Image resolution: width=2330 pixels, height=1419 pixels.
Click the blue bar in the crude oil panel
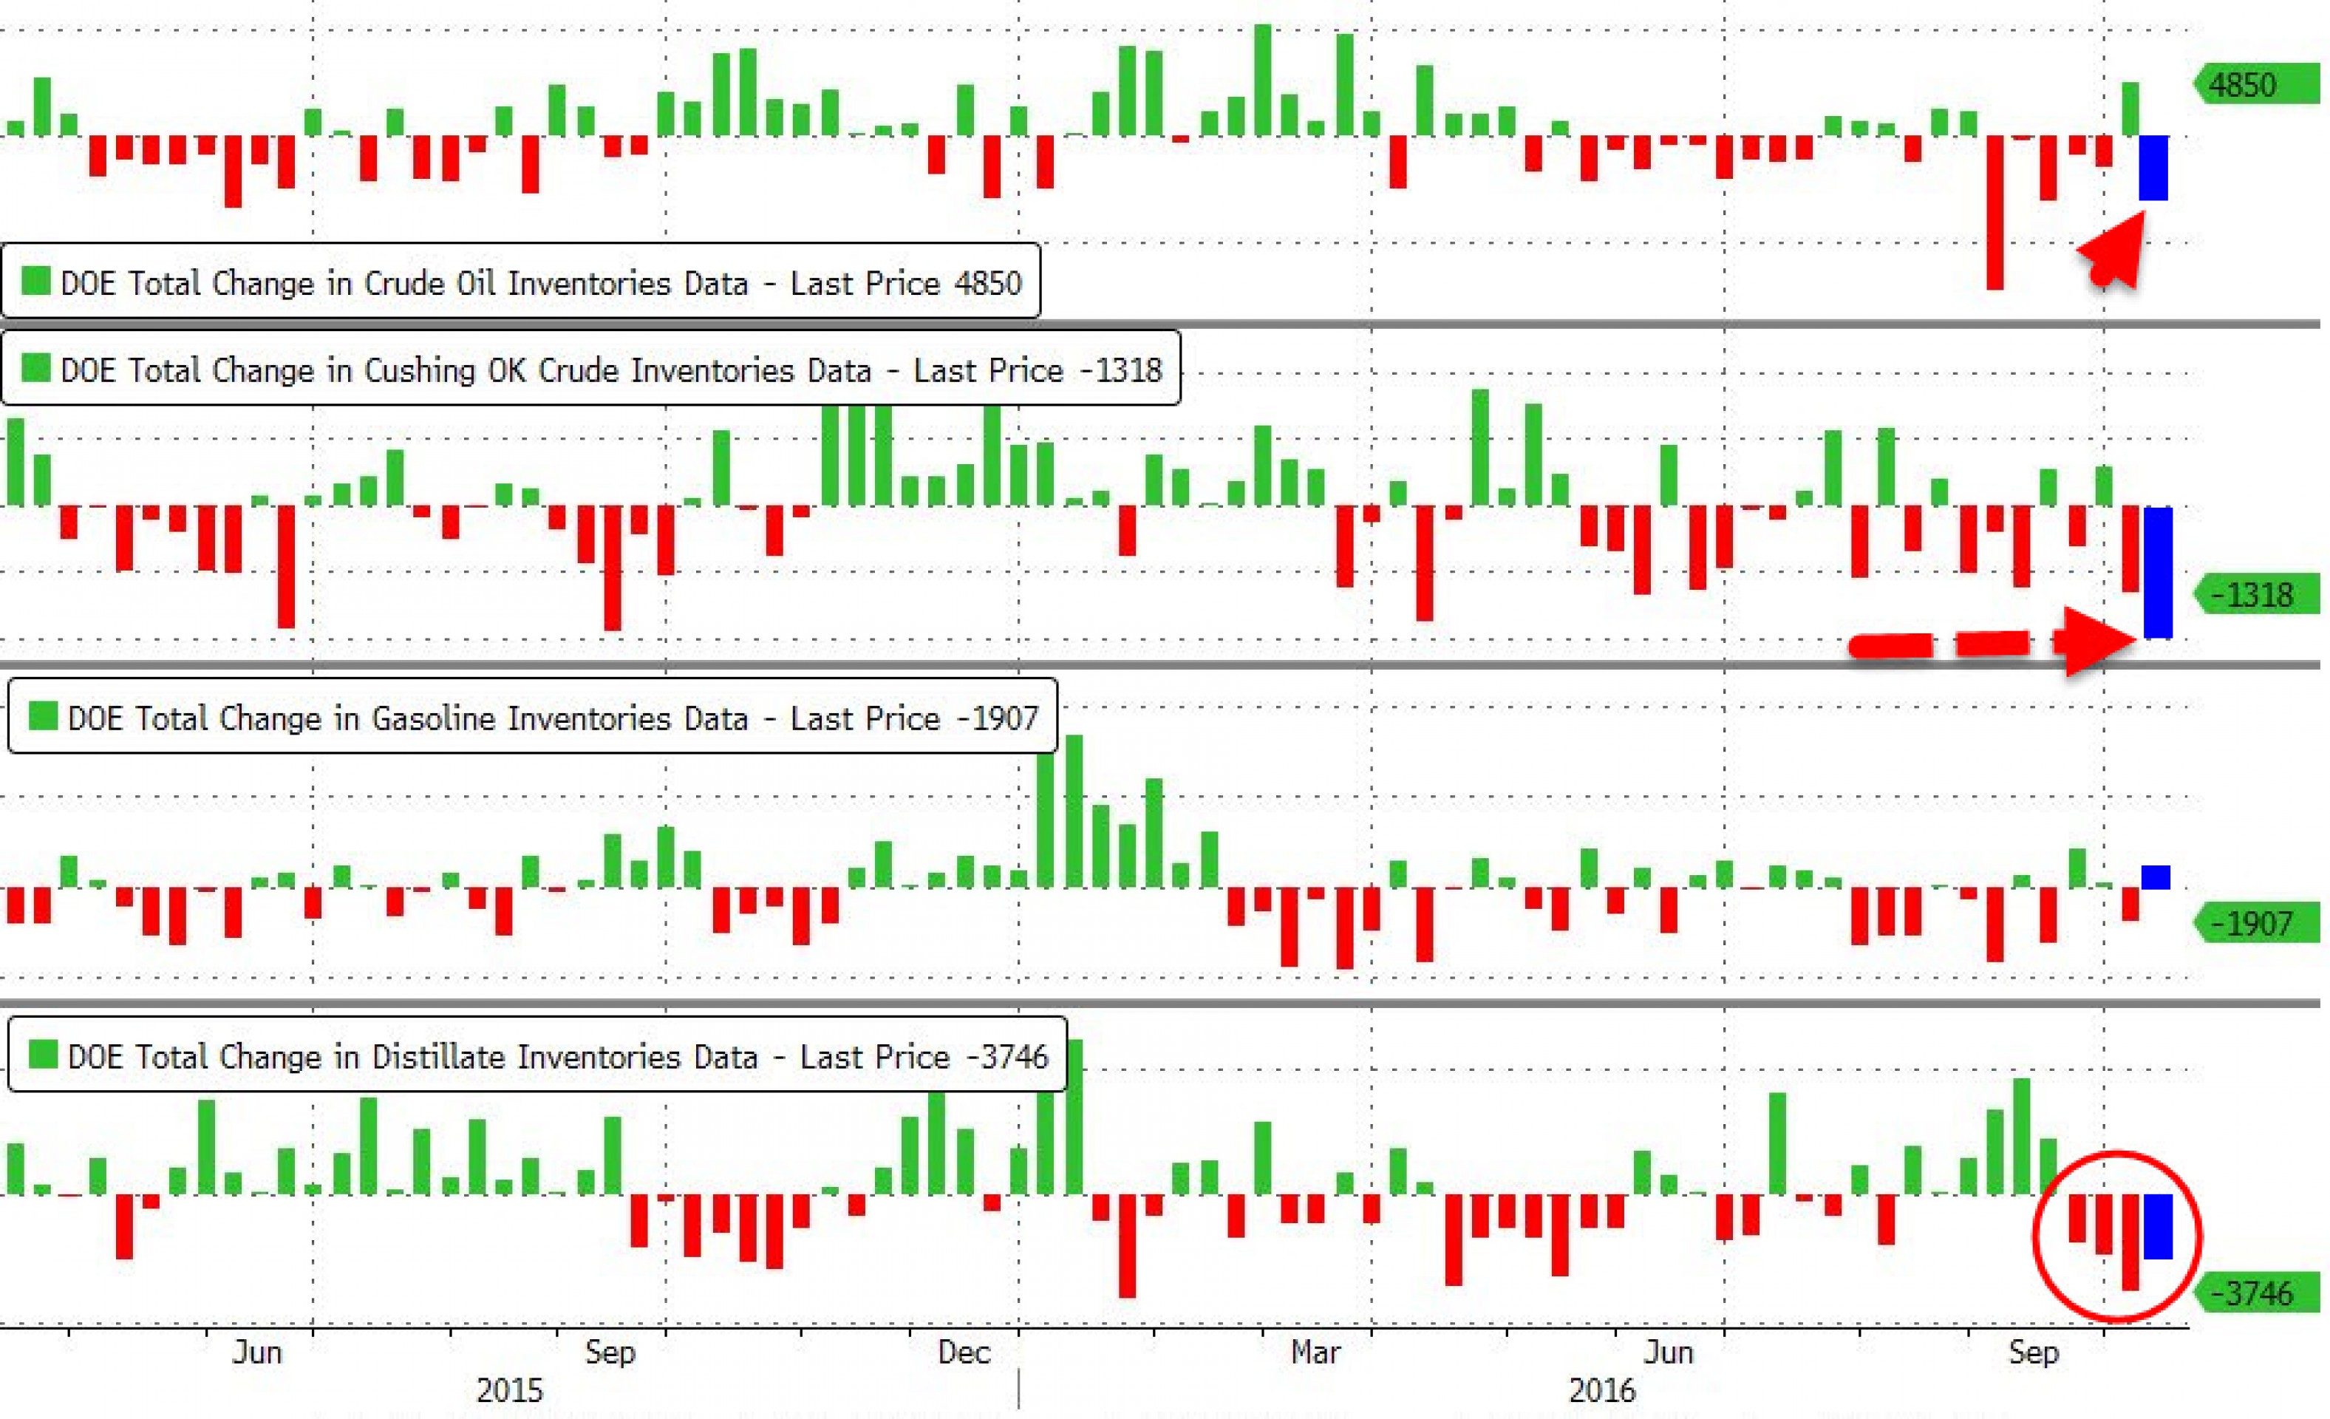(2153, 168)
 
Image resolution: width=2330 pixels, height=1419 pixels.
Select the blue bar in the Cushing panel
(2157, 572)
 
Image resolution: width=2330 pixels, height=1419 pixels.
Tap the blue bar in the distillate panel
(2157, 1226)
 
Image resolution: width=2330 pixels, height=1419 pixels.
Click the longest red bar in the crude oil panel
(1995, 212)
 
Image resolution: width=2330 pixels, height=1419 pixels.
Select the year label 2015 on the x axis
(510, 1391)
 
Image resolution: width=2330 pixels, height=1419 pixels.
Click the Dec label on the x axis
(964, 1352)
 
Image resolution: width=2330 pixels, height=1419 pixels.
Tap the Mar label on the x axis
(1315, 1352)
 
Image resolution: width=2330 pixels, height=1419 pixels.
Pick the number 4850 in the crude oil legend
(988, 283)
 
